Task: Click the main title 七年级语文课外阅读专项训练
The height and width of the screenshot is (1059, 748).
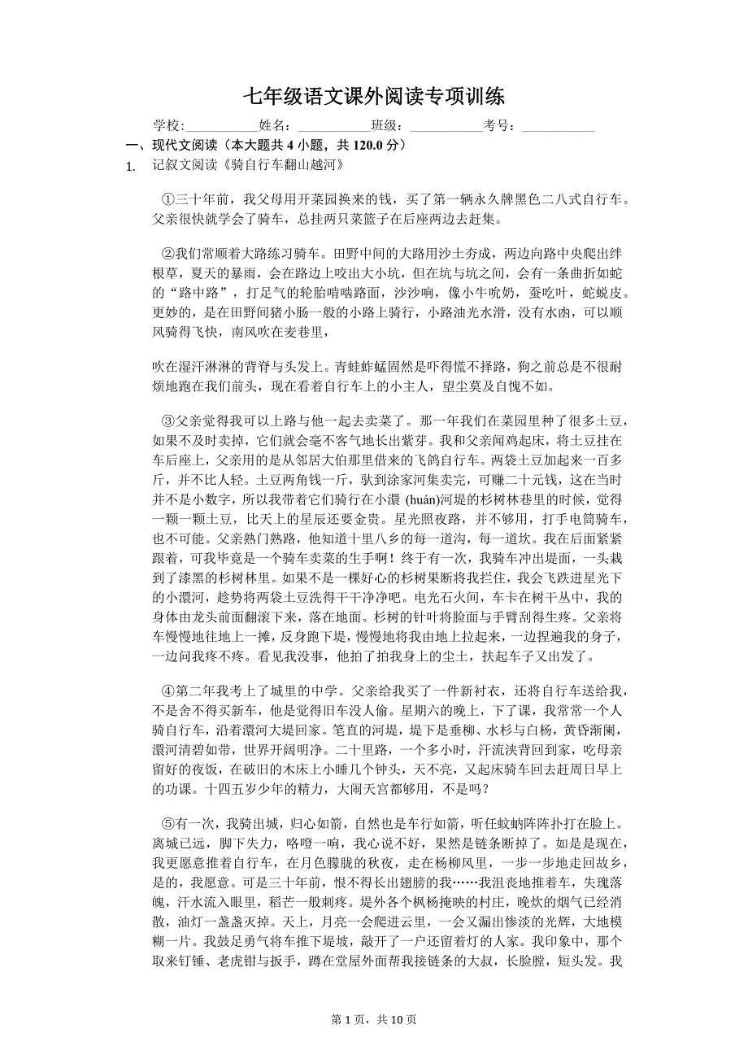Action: click(x=373, y=97)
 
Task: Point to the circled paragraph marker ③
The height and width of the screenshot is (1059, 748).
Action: click(x=168, y=421)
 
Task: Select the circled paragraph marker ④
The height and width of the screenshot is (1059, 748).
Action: click(x=168, y=691)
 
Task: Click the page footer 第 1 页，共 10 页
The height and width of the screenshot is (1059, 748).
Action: click(x=374, y=1020)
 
